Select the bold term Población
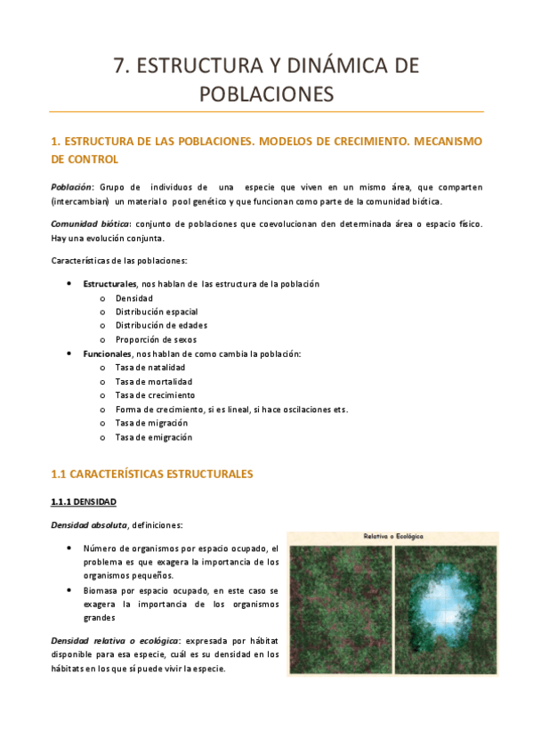click(x=71, y=187)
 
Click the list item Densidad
click(x=133, y=297)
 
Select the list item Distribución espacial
click(x=156, y=312)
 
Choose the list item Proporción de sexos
click(x=156, y=339)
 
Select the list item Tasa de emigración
click(x=154, y=437)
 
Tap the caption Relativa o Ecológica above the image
click(x=392, y=536)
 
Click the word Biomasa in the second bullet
click(x=101, y=590)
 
